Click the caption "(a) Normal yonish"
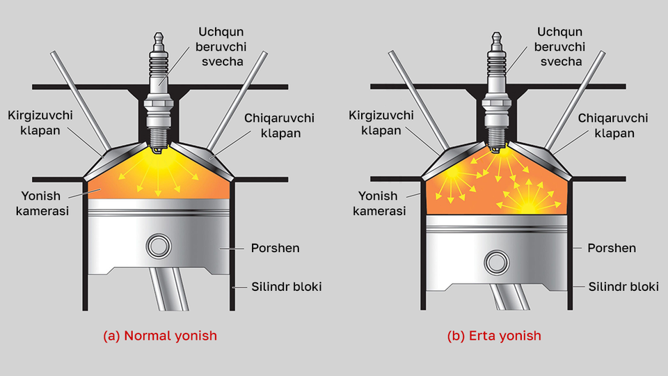pos(160,336)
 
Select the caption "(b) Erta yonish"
pos(494,336)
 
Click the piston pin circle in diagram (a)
pos(159,246)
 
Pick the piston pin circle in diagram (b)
pos(496,262)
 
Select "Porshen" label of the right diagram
pos(612,248)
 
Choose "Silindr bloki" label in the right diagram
pos(621,286)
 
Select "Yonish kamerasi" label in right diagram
pos(379,203)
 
